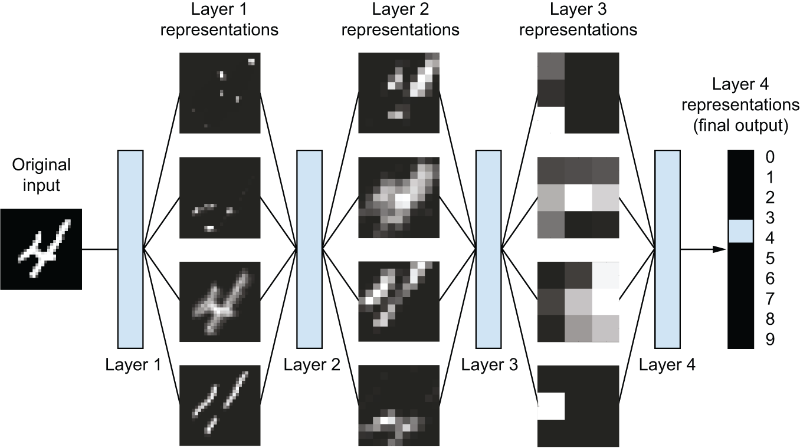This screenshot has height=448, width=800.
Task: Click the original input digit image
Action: pos(41,249)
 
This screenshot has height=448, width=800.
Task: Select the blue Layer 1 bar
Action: pos(130,249)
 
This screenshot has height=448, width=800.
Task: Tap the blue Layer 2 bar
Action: pos(309,249)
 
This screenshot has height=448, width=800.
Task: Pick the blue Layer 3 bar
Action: pos(488,249)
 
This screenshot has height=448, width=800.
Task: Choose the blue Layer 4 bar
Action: pos(667,249)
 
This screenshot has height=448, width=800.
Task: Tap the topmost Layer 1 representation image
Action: pos(220,93)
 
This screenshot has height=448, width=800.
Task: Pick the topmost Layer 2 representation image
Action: pos(399,93)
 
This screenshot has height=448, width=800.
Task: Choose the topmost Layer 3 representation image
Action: pos(578,93)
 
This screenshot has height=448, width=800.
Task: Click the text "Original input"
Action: pos(41,174)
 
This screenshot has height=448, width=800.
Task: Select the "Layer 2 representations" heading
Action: pos(399,20)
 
